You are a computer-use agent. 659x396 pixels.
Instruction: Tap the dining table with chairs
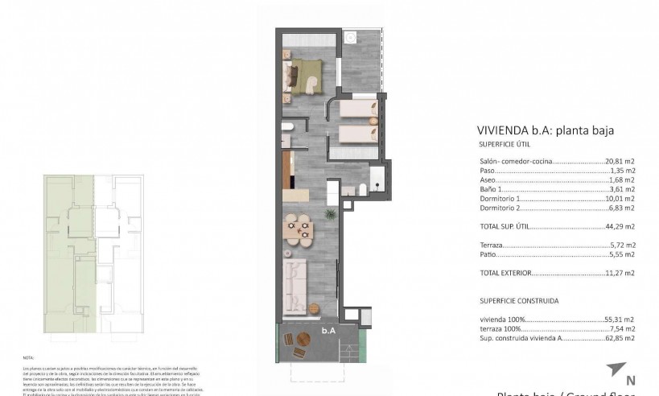301,229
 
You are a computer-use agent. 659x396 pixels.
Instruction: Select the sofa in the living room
297,283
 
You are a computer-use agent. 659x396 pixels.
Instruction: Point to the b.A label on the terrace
328,329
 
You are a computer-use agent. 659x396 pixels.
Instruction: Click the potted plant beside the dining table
330,214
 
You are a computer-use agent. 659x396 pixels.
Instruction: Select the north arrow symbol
616,369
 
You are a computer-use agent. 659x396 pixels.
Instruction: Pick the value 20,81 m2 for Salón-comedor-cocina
620,162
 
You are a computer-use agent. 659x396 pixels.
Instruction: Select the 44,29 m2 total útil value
620,226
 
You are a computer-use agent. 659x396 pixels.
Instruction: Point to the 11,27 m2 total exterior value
620,273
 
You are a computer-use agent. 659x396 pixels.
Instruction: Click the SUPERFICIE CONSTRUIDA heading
518,300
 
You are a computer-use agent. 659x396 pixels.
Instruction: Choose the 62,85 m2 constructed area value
620,338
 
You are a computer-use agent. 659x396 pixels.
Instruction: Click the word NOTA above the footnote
29,357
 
